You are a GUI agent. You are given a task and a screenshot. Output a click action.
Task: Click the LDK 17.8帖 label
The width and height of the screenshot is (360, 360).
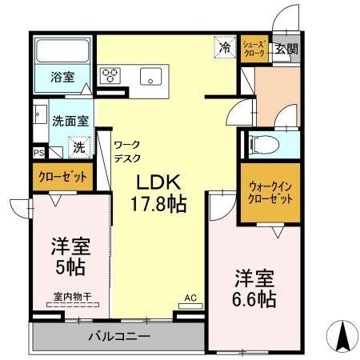pyautogui.click(x=158, y=193)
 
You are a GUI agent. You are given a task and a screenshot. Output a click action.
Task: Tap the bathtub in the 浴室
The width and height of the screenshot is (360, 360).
pyautogui.click(x=62, y=51)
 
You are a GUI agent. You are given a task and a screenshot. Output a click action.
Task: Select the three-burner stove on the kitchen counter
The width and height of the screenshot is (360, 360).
pyautogui.click(x=110, y=75)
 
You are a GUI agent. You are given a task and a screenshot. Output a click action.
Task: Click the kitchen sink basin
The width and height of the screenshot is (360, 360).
pyautogui.click(x=151, y=76)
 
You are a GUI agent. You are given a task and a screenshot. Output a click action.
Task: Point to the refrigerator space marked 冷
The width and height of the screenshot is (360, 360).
pyautogui.click(x=226, y=47)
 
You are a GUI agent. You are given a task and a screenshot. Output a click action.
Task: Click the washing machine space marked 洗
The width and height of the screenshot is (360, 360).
pyautogui.click(x=79, y=147)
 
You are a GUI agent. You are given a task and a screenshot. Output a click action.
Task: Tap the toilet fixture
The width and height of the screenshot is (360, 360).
pyautogui.click(x=263, y=145)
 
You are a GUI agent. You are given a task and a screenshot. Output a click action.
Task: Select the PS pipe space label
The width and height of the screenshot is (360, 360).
pyautogui.click(x=39, y=153)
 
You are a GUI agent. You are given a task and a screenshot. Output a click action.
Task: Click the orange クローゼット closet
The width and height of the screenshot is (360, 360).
pyautogui.click(x=63, y=177)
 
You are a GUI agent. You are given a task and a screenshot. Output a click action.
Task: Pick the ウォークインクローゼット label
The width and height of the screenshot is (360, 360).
pyautogui.click(x=270, y=193)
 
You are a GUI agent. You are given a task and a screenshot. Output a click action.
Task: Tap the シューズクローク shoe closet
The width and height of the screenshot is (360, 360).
pyautogui.click(x=254, y=49)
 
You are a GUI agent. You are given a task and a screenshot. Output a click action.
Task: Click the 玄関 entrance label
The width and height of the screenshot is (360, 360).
pyautogui.click(x=286, y=49)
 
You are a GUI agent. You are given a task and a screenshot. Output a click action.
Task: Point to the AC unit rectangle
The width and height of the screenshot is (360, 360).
pyautogui.click(x=190, y=306)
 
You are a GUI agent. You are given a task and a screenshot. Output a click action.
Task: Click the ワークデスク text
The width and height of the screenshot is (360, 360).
pyautogui.click(x=127, y=151)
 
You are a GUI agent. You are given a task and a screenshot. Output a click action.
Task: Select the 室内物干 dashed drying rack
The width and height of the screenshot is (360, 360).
pyautogui.click(x=73, y=305)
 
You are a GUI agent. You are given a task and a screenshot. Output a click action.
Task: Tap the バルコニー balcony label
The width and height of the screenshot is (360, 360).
pyautogui.click(x=119, y=337)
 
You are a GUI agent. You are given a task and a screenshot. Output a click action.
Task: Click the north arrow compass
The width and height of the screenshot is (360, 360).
pyautogui.click(x=342, y=336)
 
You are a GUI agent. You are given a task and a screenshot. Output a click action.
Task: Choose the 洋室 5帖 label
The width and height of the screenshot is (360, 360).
pyautogui.click(x=70, y=256)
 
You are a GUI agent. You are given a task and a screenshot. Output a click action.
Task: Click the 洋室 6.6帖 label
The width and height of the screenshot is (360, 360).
pyautogui.click(x=254, y=289)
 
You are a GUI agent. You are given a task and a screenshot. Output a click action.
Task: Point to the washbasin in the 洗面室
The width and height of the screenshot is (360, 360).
pyautogui.click(x=41, y=114)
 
